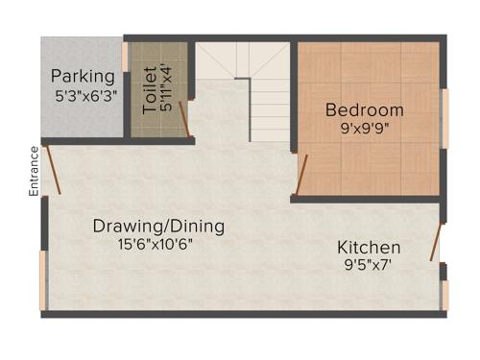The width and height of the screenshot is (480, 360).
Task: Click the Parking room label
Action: (83, 76)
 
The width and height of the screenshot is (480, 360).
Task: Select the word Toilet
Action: (150, 90)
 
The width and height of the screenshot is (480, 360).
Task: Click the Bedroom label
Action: (364, 109)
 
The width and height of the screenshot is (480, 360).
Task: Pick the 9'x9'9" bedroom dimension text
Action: (364, 127)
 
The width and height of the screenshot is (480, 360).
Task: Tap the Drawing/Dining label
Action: (158, 227)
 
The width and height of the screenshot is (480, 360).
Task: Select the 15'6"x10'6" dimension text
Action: (158, 244)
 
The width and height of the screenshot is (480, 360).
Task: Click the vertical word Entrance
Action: (34, 171)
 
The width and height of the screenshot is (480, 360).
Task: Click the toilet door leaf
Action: (185, 119)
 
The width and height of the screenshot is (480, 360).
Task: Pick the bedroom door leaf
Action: (301, 174)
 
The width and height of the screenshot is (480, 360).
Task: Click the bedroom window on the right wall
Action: (444, 118)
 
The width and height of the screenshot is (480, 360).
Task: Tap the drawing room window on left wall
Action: (42, 280)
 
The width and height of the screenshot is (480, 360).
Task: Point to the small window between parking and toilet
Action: (126, 57)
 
